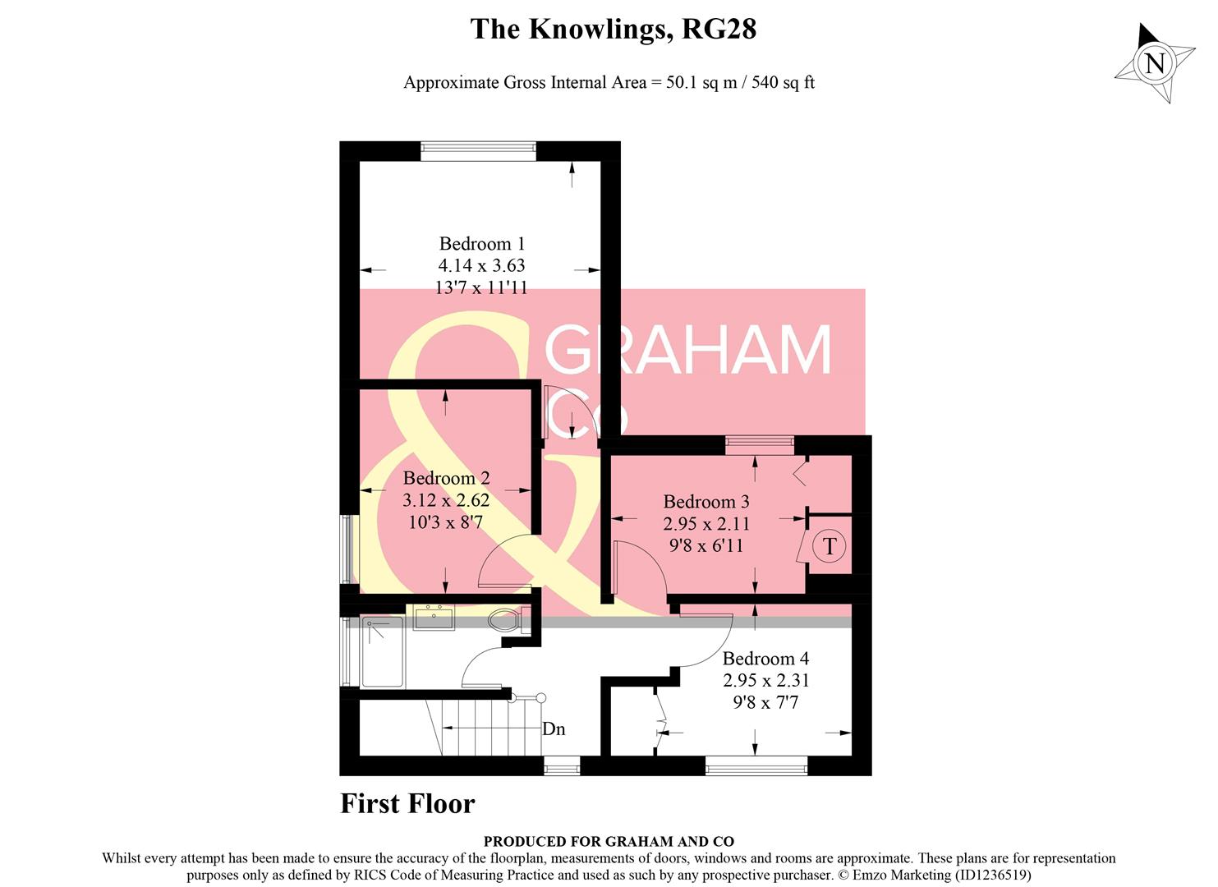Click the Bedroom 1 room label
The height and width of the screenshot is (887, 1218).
pos(481,244)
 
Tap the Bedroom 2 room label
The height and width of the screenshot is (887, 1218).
pos(446,478)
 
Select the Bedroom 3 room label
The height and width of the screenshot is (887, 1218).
pos(706,502)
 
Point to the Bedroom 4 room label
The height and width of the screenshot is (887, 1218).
pos(765,659)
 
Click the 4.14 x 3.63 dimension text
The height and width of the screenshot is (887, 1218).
pos(481,265)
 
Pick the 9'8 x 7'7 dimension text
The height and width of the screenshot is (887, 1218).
pos(765,702)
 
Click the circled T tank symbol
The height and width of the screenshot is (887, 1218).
pos(830,546)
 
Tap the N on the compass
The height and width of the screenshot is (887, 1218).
pos(1155,63)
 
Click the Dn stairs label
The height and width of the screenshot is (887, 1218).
pos(554,729)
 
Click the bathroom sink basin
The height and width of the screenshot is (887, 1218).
pos(433,618)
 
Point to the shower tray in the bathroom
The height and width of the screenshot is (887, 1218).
pos(383,652)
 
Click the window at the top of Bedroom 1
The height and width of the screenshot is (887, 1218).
pos(478,150)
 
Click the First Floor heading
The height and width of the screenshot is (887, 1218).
pos(407,803)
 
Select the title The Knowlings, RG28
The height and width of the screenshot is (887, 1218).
pos(613,30)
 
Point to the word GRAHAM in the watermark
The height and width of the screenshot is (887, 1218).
pos(688,351)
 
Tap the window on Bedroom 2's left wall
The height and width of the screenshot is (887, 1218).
pos(349,549)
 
